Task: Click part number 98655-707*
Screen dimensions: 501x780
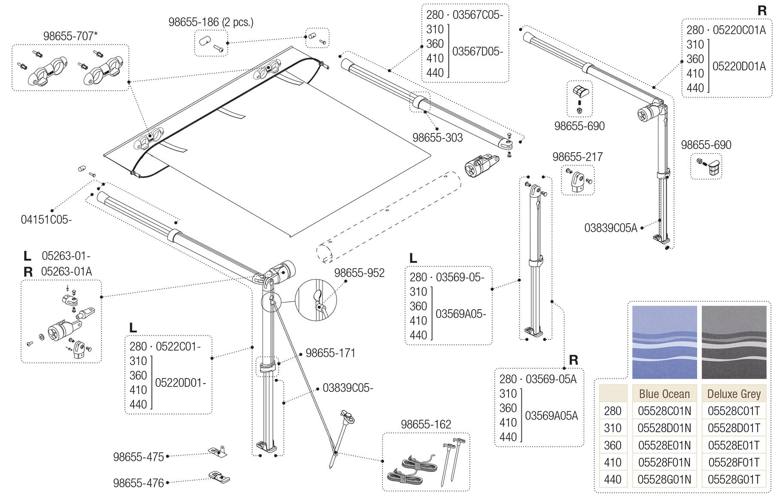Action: coord(70,36)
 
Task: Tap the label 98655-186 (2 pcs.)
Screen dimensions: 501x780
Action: coord(210,22)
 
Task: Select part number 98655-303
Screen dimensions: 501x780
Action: coord(437,138)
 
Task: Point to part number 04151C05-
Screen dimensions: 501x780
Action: coord(46,220)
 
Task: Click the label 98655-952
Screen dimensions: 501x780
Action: coord(359,273)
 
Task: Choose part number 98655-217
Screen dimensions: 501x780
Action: coord(577,157)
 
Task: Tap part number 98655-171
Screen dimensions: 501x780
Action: coord(330,353)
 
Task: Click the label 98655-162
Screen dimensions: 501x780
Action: coord(426,424)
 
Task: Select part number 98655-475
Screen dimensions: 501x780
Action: coord(138,457)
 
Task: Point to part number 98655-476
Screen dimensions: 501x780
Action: coord(138,483)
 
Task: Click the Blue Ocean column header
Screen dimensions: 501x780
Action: coord(664,394)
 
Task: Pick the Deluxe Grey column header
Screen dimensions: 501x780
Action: coord(734,394)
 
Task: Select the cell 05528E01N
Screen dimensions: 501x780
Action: coord(664,445)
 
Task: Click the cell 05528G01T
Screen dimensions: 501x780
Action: coord(734,479)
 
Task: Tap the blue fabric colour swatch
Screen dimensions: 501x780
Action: coord(664,342)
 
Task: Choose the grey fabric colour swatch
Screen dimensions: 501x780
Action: coord(734,342)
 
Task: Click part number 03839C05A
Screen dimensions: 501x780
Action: coord(610,228)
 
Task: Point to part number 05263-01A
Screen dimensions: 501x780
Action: coord(66,272)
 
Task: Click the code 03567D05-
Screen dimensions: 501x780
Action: coord(477,52)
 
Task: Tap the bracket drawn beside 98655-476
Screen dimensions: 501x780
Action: coord(219,477)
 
